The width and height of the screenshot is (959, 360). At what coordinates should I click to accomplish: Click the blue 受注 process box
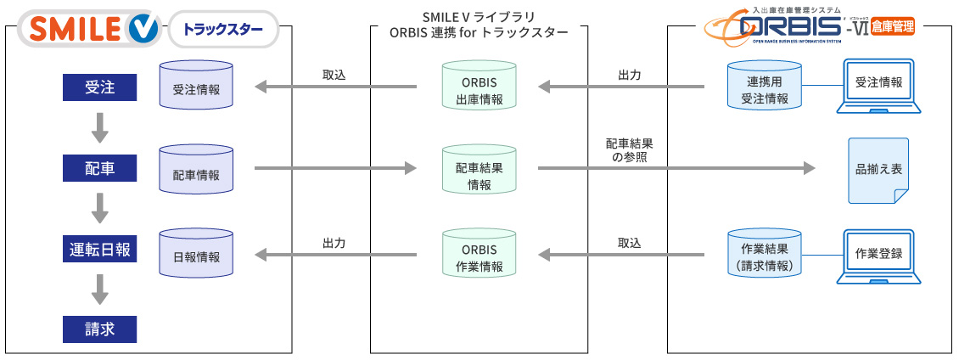click(100, 87)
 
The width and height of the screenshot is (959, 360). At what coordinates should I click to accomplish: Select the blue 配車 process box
click(100, 168)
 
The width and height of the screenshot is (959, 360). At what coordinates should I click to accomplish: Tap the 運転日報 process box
click(100, 250)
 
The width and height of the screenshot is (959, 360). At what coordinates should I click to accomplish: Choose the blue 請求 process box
click(100, 329)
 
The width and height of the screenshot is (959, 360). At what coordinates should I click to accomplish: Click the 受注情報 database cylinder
click(196, 86)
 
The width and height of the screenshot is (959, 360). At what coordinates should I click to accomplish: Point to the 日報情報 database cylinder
click(196, 251)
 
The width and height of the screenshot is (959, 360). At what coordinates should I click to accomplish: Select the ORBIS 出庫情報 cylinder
click(479, 86)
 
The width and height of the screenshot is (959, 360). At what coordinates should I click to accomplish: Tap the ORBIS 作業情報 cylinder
click(479, 252)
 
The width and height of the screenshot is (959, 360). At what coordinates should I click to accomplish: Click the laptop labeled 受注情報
click(878, 85)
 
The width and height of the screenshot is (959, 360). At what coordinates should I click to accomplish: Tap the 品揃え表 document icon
click(878, 170)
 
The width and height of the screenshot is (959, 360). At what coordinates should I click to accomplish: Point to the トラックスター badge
click(223, 31)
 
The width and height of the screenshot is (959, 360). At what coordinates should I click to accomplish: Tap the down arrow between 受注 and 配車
click(100, 127)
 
